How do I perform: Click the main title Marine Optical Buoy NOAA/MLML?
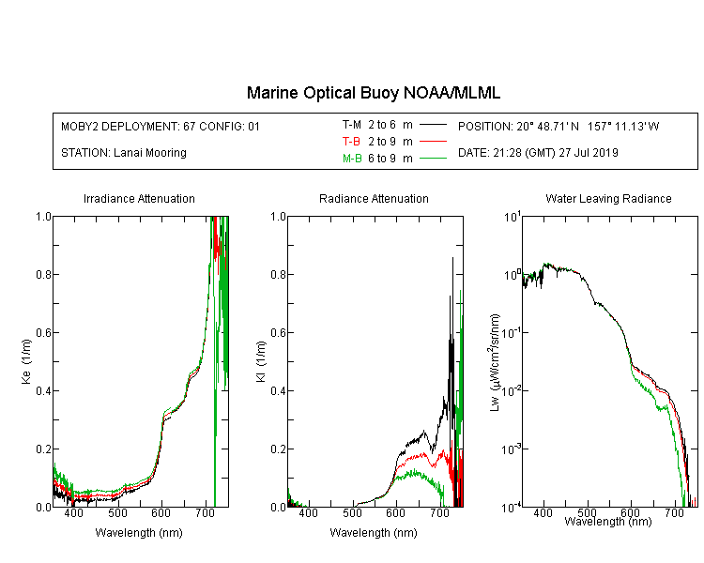[x=373, y=93]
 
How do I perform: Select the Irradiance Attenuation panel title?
[x=139, y=198]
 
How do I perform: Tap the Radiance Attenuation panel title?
[x=374, y=198]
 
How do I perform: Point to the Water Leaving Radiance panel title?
[x=608, y=198]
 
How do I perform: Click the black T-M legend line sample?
[x=433, y=125]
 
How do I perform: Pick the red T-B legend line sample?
[x=433, y=142]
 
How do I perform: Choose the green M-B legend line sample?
[x=433, y=158]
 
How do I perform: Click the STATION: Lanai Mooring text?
[x=124, y=153]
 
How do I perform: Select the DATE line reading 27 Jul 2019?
[x=538, y=153]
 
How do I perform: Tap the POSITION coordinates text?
[x=559, y=126]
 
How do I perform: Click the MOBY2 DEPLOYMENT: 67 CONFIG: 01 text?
[x=161, y=126]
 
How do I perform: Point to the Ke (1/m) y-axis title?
[x=26, y=361]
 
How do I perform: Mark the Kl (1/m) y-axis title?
[x=261, y=361]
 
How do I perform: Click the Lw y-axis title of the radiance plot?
[x=495, y=362]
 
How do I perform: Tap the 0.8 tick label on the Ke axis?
[x=43, y=274]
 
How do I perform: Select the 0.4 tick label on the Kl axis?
[x=279, y=390]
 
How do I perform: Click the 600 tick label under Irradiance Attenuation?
[x=161, y=512]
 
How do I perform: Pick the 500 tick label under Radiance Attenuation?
[x=352, y=512]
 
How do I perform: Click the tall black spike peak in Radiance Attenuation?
[x=452, y=258]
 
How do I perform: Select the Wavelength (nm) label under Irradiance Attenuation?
[x=139, y=533]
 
